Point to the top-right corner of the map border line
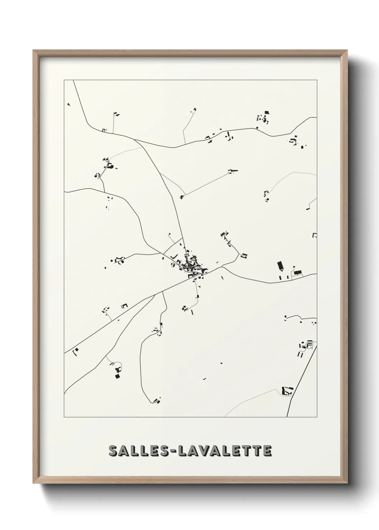pyautogui.click(x=317, y=80)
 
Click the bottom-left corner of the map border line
pyautogui.click(x=64, y=417)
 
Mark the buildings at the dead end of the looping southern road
pyautogui.click(x=156, y=399)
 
